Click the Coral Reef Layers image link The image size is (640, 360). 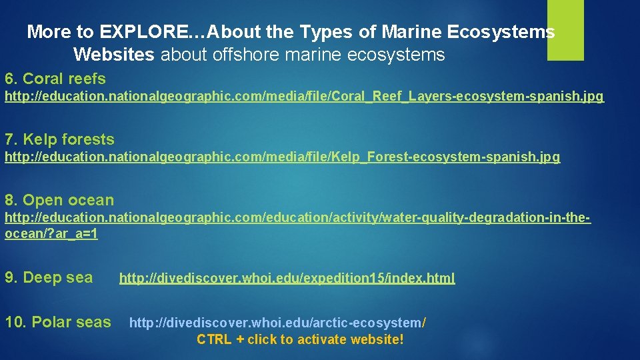coord(304,97)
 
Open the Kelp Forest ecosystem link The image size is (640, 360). coord(283,157)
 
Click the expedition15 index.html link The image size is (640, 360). coord(287,278)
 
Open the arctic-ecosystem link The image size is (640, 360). coord(277,323)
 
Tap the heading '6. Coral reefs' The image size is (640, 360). coord(55,79)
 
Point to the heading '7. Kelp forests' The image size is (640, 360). coord(59,139)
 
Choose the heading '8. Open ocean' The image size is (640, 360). coord(59,200)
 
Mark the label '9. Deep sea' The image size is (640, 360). coord(49,278)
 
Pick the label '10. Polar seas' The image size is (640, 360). coord(58,322)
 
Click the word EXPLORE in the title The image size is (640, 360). coord(143,32)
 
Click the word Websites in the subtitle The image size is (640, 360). coord(114,55)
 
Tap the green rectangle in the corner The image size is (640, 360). coord(565,29)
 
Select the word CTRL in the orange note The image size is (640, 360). coord(214,340)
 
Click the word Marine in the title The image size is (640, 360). coord(405,32)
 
